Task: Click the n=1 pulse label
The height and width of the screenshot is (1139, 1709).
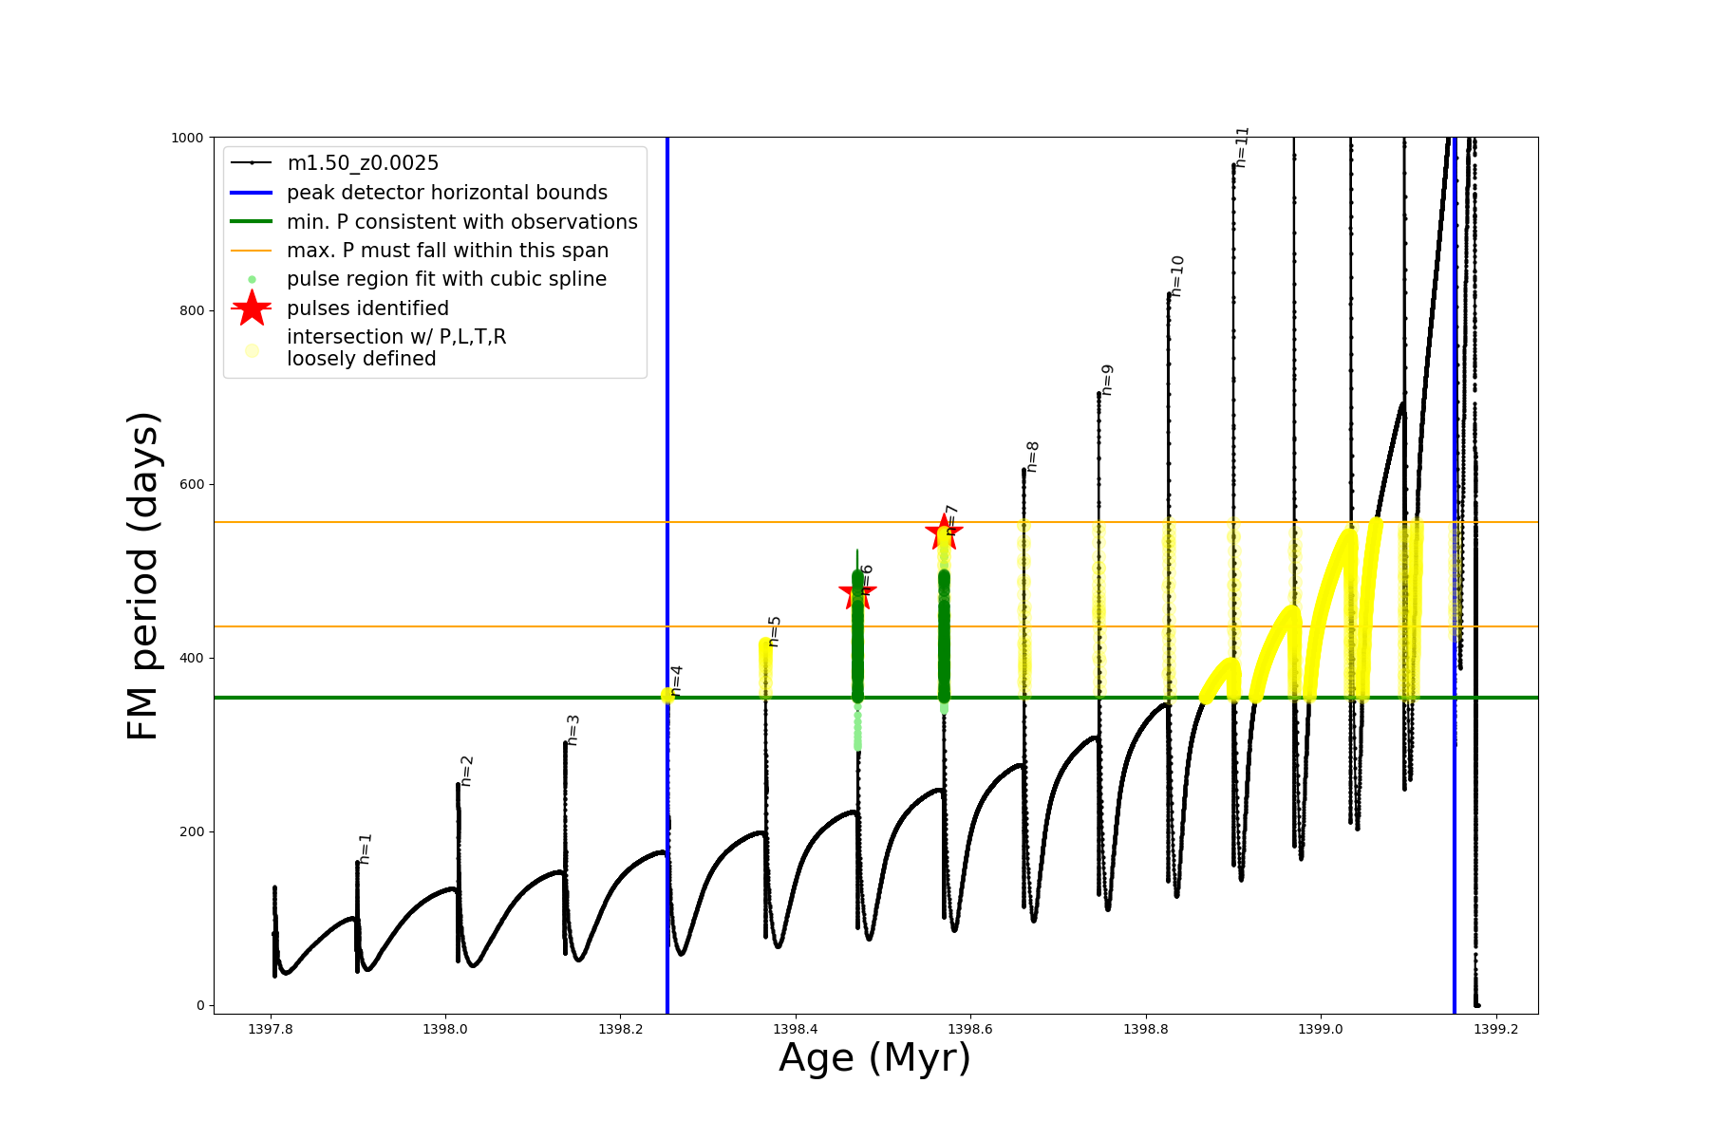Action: [x=366, y=849]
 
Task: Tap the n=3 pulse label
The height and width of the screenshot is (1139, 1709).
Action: [x=573, y=730]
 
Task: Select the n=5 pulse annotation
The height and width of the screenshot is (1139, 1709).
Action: [x=774, y=631]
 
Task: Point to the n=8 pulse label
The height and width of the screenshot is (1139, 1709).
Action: [x=1032, y=457]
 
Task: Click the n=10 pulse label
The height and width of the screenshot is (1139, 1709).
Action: [x=1177, y=276]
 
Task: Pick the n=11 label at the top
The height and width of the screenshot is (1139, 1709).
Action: [x=1242, y=147]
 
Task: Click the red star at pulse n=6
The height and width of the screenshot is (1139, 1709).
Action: [x=857, y=592]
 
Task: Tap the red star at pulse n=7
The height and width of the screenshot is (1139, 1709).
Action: [x=944, y=532]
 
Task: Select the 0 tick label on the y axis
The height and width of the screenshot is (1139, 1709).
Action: [x=200, y=1005]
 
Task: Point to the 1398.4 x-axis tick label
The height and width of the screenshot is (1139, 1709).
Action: [x=795, y=1029]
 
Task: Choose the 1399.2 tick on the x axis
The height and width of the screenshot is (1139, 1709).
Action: [x=1495, y=1029]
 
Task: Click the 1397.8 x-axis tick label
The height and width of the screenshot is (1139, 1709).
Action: [x=271, y=1029]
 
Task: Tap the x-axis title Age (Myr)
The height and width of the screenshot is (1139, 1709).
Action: [x=874, y=1058]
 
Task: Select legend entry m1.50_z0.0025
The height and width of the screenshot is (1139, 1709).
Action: [x=363, y=163]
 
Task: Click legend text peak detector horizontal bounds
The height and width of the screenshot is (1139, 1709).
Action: [x=447, y=193]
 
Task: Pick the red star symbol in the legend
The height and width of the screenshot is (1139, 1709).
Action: [x=252, y=308]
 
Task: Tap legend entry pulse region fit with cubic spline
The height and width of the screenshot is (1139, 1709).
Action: [x=446, y=279]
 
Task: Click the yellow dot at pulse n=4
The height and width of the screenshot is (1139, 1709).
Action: [x=667, y=696]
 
